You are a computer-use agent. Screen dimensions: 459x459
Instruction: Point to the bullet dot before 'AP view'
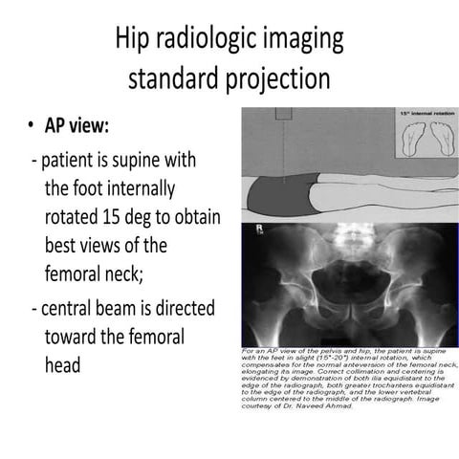tap(34, 128)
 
